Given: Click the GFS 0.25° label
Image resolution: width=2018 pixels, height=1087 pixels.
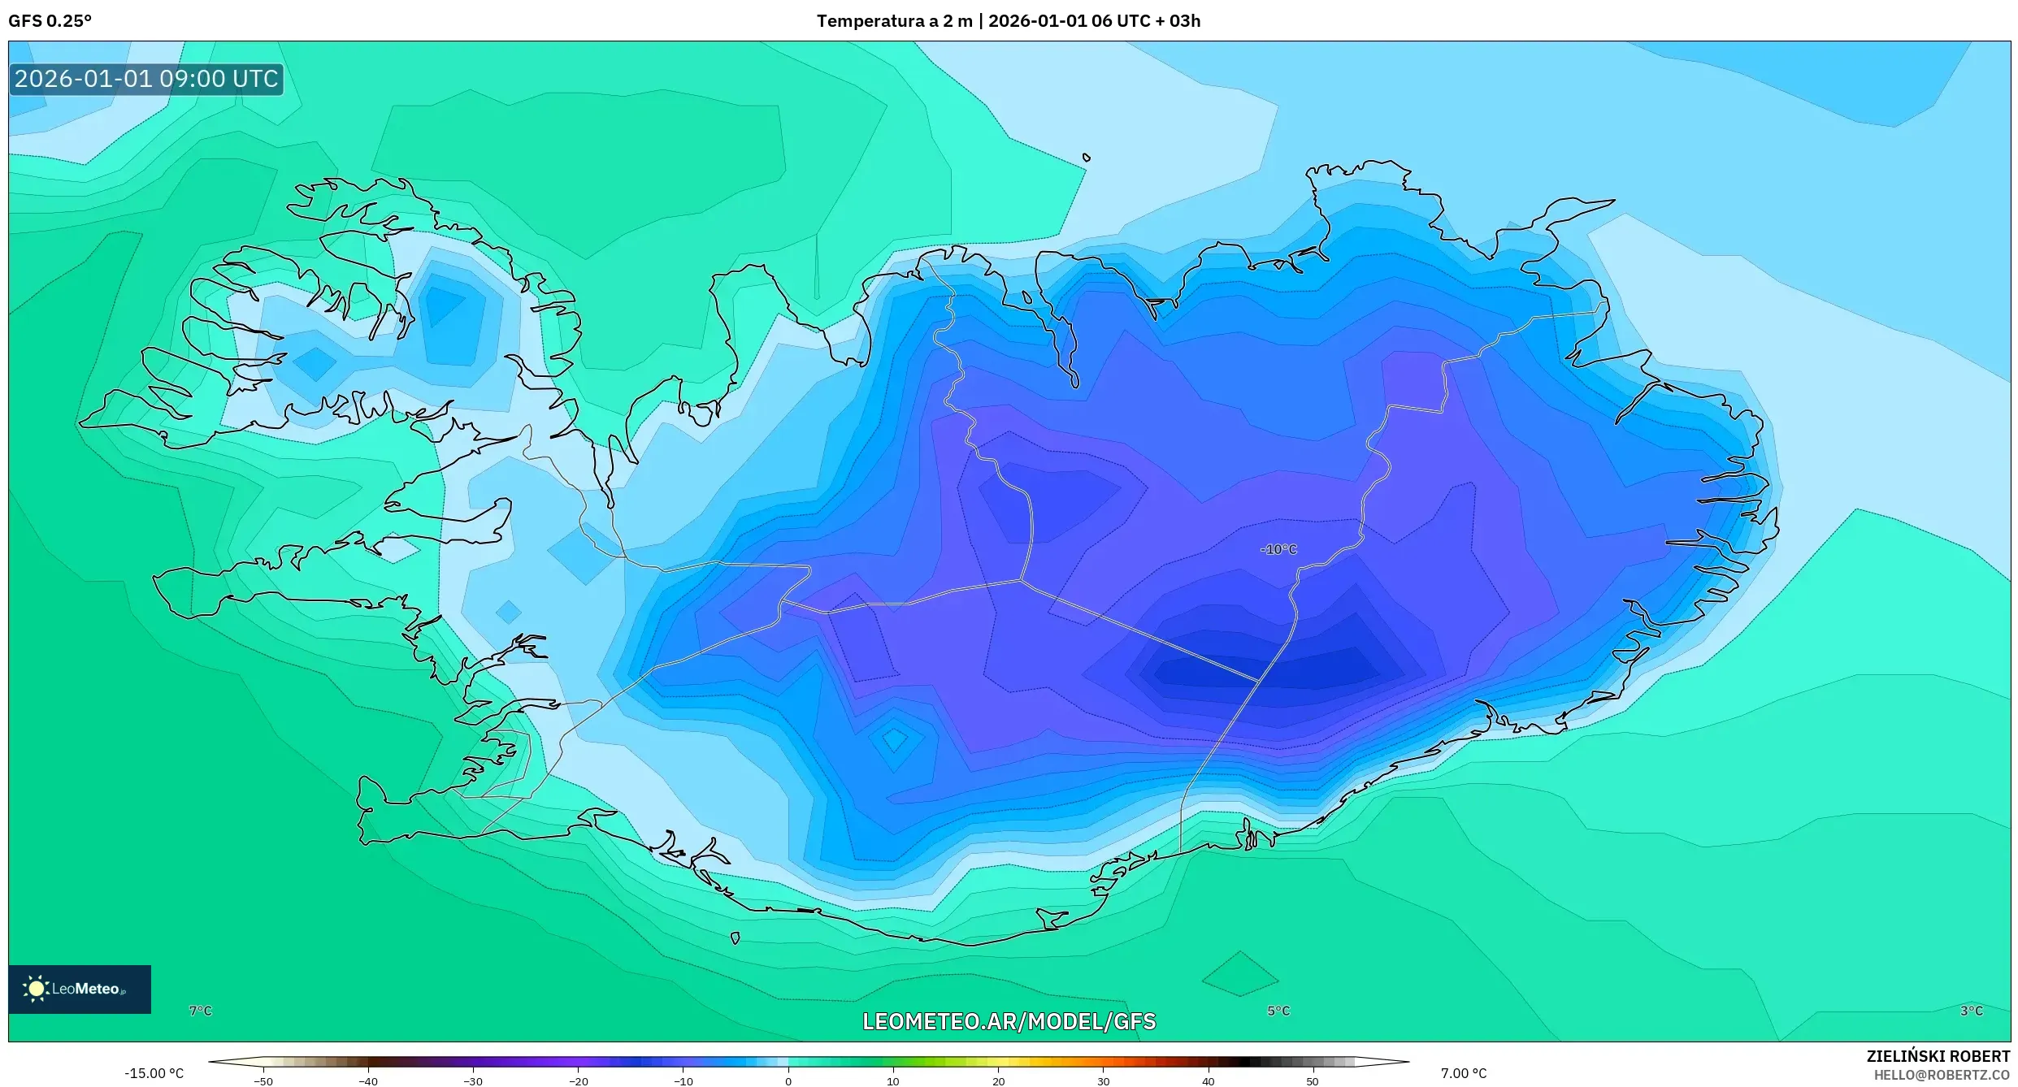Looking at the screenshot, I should [50, 21].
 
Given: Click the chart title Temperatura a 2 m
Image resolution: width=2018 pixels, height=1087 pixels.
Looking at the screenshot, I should [894, 21].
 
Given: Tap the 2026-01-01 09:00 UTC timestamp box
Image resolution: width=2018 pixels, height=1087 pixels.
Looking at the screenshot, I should [146, 79].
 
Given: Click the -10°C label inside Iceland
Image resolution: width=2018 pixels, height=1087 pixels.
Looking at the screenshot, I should [1278, 550].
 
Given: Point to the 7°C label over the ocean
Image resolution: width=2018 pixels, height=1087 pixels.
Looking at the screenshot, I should [200, 1011].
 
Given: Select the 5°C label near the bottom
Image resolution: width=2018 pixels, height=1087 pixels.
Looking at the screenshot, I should [1278, 1011].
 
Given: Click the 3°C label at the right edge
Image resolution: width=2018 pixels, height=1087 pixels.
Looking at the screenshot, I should [1971, 1011].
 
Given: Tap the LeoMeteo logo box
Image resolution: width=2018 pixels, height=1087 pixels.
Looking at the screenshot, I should [80, 989].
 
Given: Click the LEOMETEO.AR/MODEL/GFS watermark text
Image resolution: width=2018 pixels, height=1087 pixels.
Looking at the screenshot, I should [1009, 1021].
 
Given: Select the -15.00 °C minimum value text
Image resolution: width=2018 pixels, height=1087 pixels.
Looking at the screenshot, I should [154, 1073].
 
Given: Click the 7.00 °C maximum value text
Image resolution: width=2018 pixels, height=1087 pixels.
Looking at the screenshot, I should [1464, 1073].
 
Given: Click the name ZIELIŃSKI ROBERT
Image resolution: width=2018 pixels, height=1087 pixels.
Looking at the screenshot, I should [1938, 1056].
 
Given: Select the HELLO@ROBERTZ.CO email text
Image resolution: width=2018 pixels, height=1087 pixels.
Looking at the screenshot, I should [1942, 1075].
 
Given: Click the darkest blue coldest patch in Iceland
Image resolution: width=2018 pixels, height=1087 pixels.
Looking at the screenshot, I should [1268, 669].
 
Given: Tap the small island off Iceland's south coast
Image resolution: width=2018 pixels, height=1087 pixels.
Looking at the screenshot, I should [736, 938].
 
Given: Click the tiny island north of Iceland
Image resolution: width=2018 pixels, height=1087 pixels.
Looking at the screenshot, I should [1087, 158].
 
